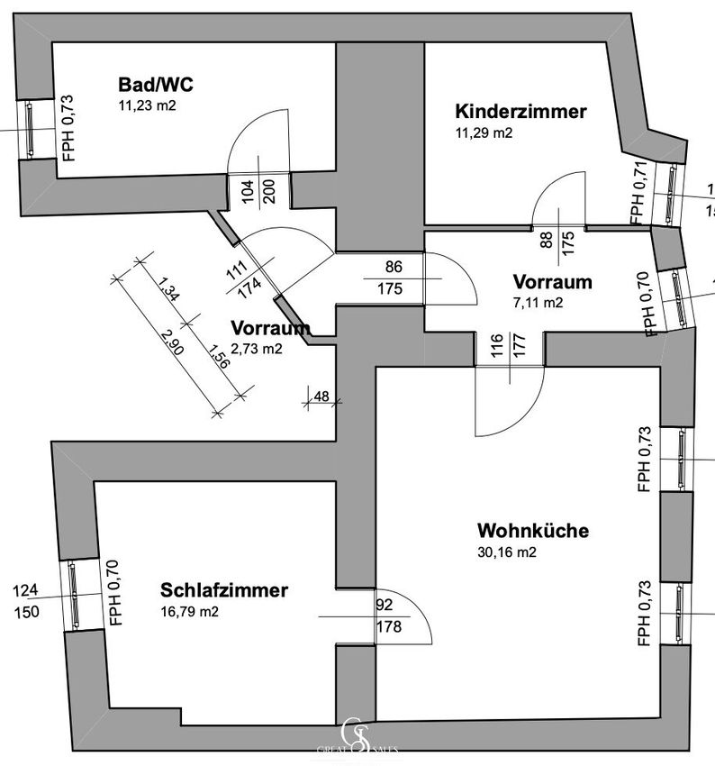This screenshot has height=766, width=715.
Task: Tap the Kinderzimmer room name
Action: [x=520, y=112]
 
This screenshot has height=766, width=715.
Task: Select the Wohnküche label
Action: [x=533, y=531]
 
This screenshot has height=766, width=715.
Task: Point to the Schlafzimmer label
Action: [x=224, y=591]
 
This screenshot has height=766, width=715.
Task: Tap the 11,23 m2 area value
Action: [x=147, y=105]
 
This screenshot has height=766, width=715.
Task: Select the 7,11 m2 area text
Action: [x=538, y=303]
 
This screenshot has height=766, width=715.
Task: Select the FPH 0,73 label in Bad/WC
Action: [x=68, y=127]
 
